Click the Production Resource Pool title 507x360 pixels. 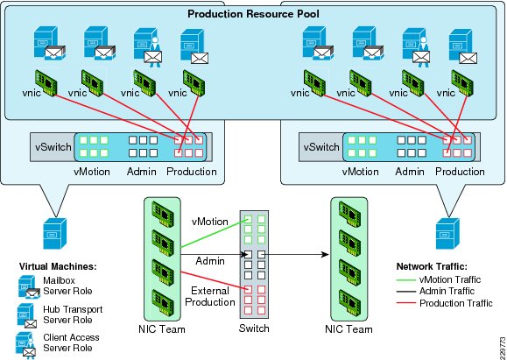coord(253,14)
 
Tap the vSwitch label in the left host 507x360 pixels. coord(53,147)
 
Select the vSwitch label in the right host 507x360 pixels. coord(321,147)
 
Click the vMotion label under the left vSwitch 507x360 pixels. coord(92,171)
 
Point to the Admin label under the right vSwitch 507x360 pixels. coord(410,171)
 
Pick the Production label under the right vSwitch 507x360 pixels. coord(460,171)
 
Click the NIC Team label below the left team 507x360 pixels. coord(162,329)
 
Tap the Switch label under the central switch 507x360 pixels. coord(254,328)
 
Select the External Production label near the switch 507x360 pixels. coord(210,296)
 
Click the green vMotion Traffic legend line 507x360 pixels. coord(406,279)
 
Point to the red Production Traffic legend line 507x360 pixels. coord(406,303)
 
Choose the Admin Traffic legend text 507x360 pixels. coord(447,291)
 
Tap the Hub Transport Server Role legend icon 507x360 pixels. coord(26,315)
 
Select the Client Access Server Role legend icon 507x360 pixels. coord(25,344)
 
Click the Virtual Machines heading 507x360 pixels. coord(58,267)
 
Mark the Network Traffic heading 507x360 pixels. coord(432,266)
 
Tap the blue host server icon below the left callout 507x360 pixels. coord(55,233)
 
